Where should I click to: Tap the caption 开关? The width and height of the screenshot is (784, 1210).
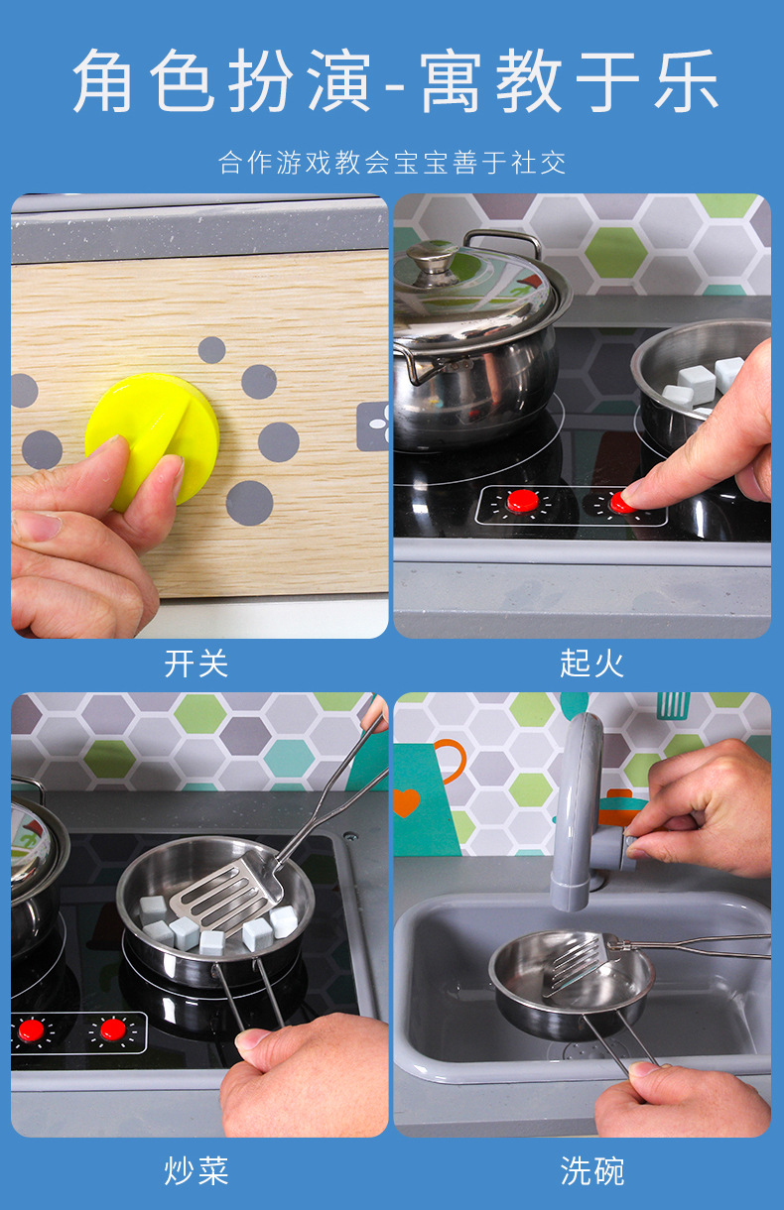click(x=196, y=664)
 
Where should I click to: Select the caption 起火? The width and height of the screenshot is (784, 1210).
click(x=592, y=664)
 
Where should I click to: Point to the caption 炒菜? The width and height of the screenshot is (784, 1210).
click(x=196, y=1170)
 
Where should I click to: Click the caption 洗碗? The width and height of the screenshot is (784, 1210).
click(x=592, y=1170)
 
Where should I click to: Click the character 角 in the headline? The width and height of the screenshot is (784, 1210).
click(x=103, y=80)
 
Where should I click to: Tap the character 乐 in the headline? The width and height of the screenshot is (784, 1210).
click(x=686, y=80)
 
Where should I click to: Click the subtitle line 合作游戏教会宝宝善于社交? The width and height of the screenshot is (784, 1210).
click(x=392, y=163)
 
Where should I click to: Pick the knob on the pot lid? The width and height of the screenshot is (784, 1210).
click(x=432, y=258)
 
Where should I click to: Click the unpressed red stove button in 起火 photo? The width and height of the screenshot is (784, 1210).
click(x=522, y=501)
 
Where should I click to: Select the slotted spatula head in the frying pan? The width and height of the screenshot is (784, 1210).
click(x=227, y=892)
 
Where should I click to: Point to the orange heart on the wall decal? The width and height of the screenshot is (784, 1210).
click(x=407, y=802)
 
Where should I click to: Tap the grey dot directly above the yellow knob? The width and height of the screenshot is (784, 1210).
click(x=211, y=350)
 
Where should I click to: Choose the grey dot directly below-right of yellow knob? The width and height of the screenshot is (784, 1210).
click(x=249, y=503)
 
